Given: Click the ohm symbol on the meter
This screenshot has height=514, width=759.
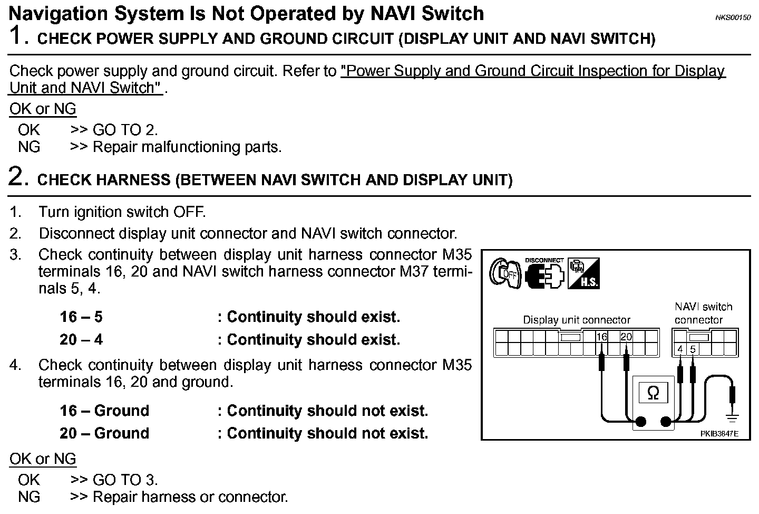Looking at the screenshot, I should [653, 393].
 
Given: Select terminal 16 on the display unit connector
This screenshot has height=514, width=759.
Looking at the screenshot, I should [602, 337].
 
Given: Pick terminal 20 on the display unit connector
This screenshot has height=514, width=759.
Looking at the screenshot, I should [626, 337].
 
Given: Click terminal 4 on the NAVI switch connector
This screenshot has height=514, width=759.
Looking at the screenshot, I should [680, 349].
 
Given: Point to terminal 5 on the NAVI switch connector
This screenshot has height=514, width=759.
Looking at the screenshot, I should [693, 349].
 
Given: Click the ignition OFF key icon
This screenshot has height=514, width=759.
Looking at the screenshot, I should [505, 273].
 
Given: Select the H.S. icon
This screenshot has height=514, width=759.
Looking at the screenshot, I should [583, 273].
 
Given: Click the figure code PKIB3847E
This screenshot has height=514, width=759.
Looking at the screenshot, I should [719, 434].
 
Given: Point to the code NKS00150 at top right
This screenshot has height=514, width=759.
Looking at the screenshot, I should [732, 17].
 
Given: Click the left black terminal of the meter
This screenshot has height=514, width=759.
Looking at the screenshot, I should [641, 422].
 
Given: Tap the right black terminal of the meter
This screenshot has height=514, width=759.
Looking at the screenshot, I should [666, 422].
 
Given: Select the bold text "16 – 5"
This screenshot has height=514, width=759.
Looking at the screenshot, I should [81, 317].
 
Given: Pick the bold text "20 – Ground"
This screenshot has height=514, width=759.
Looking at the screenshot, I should [104, 433].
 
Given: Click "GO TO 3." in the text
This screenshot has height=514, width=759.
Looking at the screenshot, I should [125, 480].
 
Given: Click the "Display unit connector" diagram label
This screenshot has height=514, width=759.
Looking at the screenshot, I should [576, 320].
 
